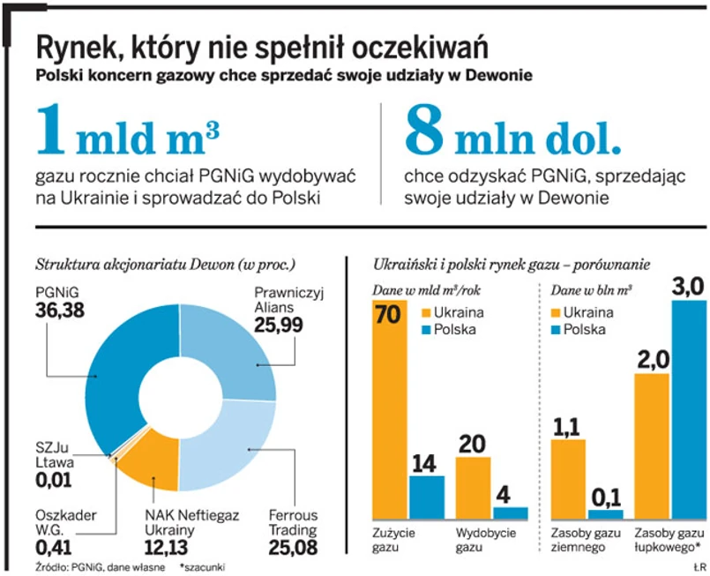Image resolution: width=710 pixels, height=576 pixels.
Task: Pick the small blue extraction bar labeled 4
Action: click(x=511, y=513)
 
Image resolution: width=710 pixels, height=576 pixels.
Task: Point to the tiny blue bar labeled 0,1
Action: click(x=605, y=514)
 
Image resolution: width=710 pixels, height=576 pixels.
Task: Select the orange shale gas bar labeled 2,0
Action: click(x=652, y=445)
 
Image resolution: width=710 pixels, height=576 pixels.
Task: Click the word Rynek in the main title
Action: click(x=75, y=46)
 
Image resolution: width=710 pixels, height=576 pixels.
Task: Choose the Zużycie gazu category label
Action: click(x=391, y=541)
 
